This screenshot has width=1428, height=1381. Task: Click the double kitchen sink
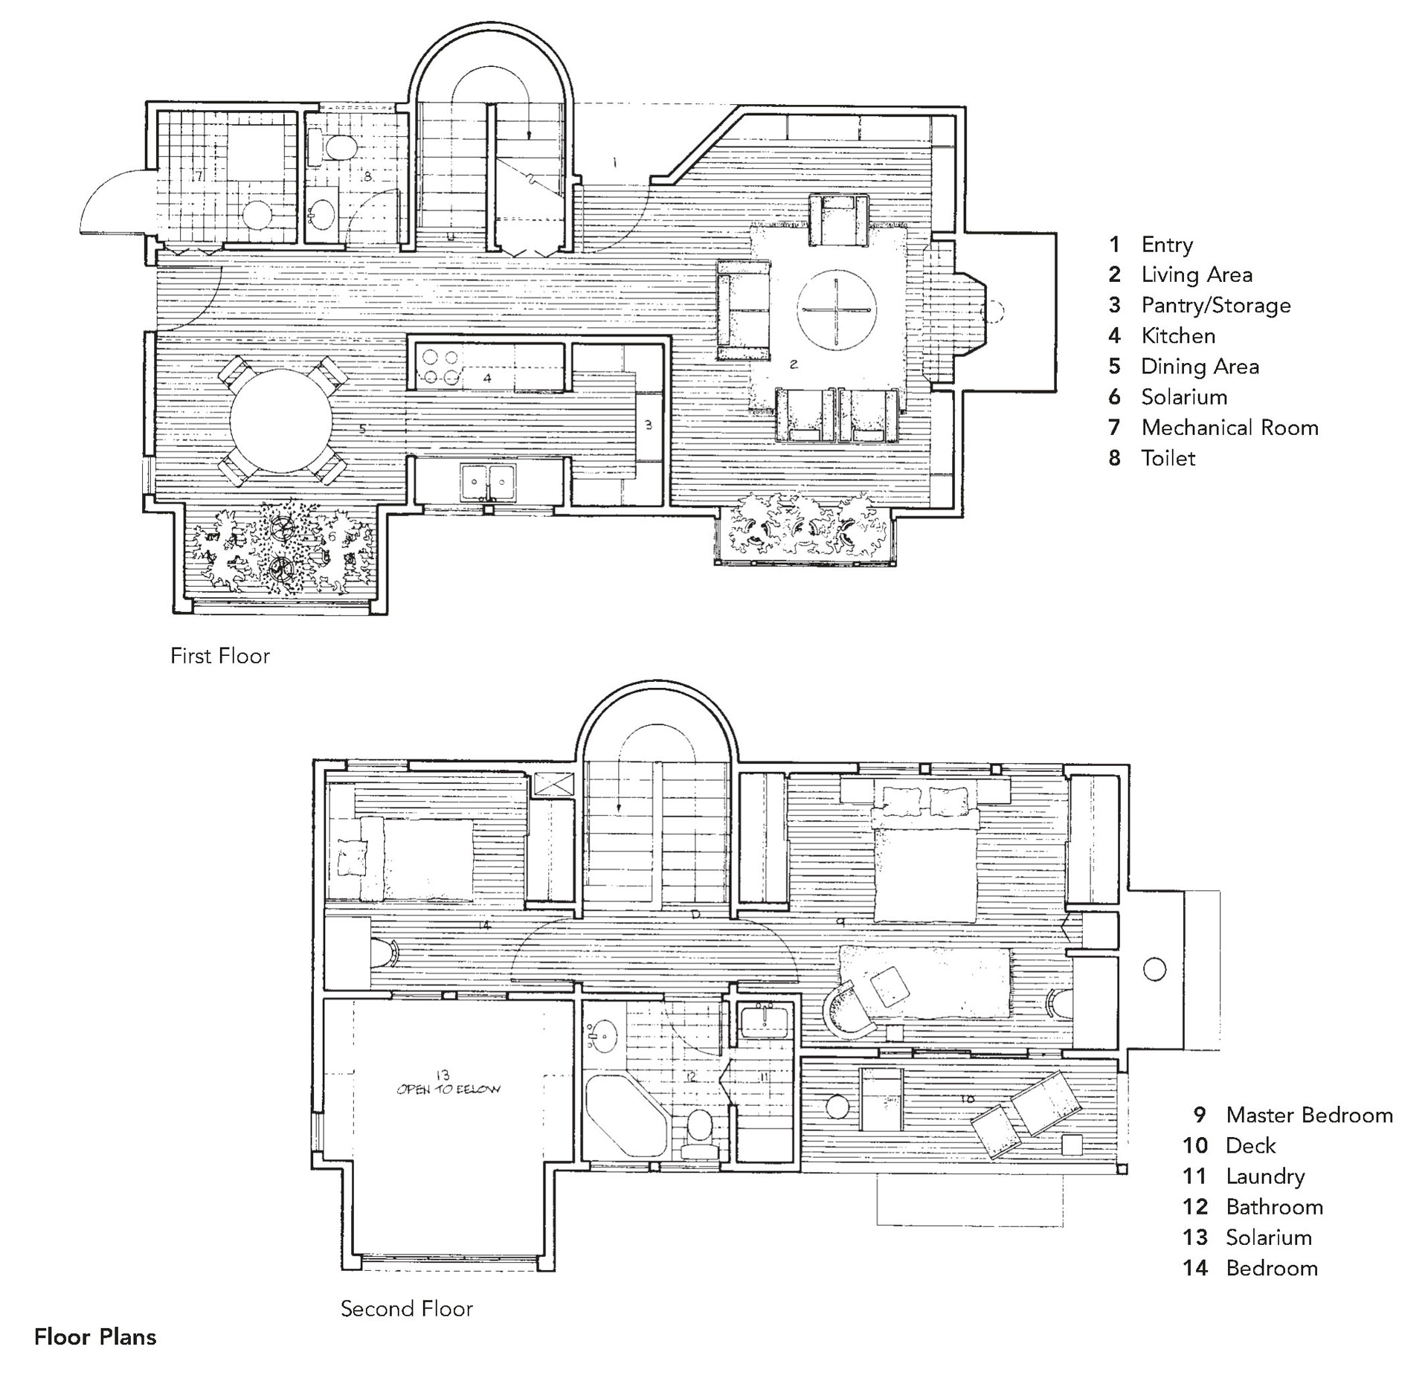coord(488,482)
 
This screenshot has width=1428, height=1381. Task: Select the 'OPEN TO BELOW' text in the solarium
coord(448,1089)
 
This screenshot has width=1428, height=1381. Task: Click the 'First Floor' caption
coord(220,656)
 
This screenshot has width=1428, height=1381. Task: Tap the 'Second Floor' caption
coord(407,1309)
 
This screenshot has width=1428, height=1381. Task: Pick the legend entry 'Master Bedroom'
coord(1308,1115)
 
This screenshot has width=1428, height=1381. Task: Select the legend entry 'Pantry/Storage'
coord(1215,305)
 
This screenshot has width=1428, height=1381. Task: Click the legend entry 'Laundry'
coord(1264,1176)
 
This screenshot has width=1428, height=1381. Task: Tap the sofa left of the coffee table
coord(744,309)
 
